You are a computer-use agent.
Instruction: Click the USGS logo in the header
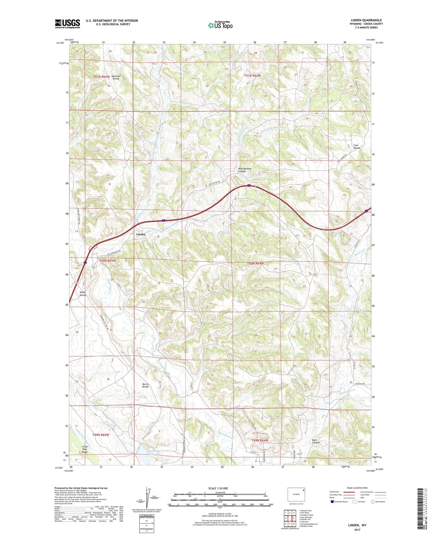click(x=67, y=24)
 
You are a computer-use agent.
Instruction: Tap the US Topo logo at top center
click(x=220, y=25)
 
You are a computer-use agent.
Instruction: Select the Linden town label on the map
click(x=141, y=234)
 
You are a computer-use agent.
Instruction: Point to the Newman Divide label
click(x=116, y=77)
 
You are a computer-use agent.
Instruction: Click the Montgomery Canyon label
click(x=245, y=170)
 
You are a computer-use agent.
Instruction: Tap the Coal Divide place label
click(x=356, y=146)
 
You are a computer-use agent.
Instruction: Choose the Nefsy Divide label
click(x=83, y=294)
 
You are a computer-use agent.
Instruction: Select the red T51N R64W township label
click(x=253, y=76)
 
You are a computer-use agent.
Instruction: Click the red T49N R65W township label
click(x=101, y=435)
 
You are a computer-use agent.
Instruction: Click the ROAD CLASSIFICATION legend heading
click(x=357, y=488)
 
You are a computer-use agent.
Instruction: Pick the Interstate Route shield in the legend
click(x=332, y=502)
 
